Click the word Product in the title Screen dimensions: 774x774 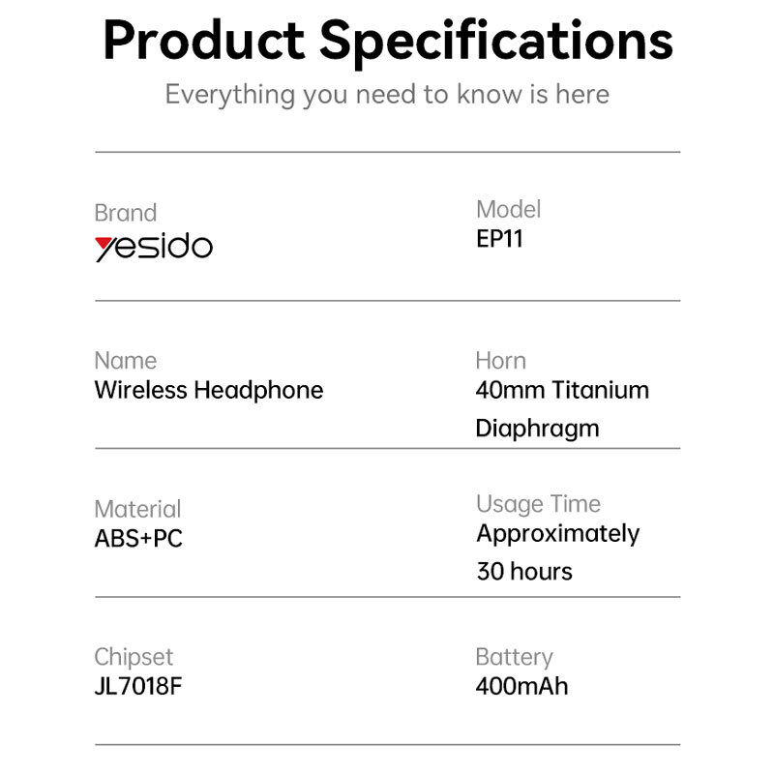coord(204,41)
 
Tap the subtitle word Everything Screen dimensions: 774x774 coord(230,95)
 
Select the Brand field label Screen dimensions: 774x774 coord(126,213)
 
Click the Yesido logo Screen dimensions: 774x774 coord(154,247)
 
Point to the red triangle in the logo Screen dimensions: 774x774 coord(103,244)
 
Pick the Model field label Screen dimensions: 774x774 coord(509,209)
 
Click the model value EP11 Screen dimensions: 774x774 coord(499,239)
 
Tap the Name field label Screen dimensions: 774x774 coord(126,360)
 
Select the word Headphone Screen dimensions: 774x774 coord(258,391)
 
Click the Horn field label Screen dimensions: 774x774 coord(500,360)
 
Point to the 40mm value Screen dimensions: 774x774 coord(511,390)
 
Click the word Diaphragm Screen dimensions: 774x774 coord(537,429)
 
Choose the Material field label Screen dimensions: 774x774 coord(137,509)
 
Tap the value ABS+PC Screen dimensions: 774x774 coord(138,539)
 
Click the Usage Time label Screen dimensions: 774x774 coord(539,504)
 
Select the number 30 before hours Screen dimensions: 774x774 coord(491,572)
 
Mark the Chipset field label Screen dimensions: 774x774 coord(134,658)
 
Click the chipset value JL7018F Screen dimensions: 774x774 coord(138,686)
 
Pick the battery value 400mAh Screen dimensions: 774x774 coord(521,686)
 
